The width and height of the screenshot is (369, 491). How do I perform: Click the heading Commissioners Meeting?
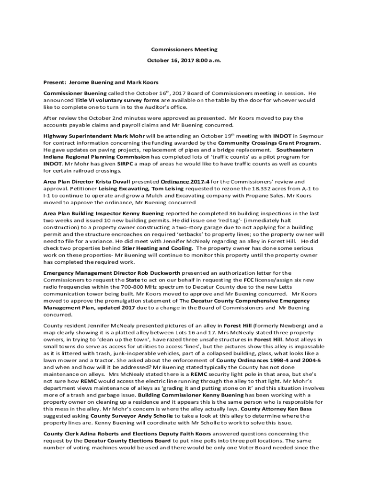[x=184, y=49]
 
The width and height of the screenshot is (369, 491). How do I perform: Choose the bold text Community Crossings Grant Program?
[x=269, y=143]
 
